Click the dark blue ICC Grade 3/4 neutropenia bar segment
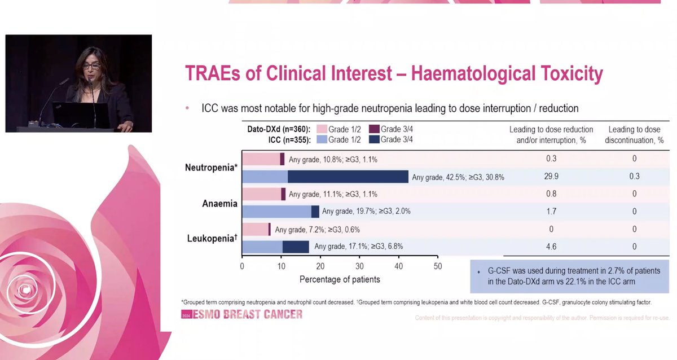(348, 177)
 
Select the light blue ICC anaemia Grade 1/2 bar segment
(276, 211)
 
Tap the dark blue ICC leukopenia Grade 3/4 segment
(296, 247)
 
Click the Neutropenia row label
(210, 168)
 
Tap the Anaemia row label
(219, 203)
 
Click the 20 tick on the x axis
(320, 266)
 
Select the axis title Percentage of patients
(340, 279)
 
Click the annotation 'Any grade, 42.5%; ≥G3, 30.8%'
(458, 177)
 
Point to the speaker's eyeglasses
(91, 65)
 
